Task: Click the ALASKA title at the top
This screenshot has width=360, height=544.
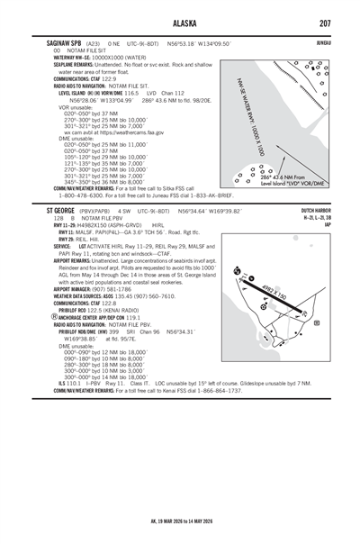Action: click(180, 24)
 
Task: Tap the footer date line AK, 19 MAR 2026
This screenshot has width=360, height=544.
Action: click(180, 521)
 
